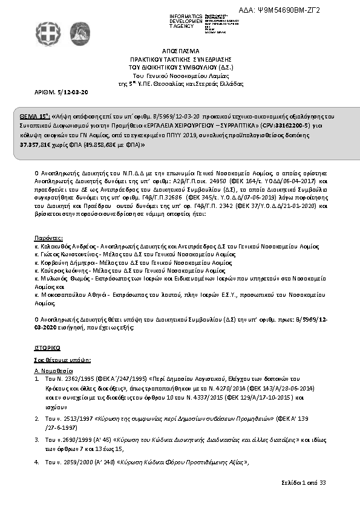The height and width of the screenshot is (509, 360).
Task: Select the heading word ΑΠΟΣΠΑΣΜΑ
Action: [180, 53]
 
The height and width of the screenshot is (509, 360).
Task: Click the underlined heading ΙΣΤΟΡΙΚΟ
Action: [47, 349]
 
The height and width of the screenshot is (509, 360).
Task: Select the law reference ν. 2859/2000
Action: [73, 461]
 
